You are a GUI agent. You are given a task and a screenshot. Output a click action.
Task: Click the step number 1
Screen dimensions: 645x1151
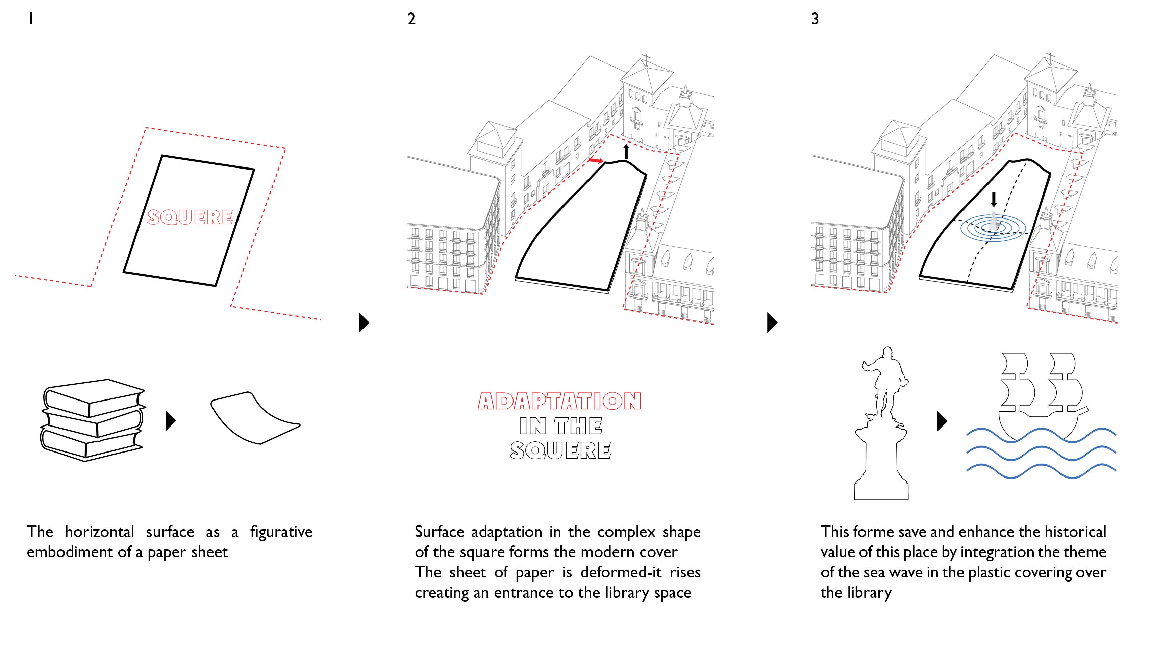coord(30,19)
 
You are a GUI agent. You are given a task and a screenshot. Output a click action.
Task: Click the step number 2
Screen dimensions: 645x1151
coord(411,19)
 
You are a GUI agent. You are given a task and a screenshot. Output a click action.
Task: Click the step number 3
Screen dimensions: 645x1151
coord(815,19)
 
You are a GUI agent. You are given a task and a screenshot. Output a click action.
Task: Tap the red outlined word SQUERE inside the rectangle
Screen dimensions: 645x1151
coord(190,217)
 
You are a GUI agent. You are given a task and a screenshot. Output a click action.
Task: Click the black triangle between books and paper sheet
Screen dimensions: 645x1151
coord(170,420)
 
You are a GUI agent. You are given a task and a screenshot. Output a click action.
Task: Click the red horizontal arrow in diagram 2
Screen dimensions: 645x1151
coord(595,160)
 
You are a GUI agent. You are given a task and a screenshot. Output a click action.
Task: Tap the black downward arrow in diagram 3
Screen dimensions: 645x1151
coord(994,199)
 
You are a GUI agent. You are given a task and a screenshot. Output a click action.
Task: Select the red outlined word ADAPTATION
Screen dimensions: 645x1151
coord(559,401)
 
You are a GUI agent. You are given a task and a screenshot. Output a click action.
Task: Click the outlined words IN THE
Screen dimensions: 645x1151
coord(560,426)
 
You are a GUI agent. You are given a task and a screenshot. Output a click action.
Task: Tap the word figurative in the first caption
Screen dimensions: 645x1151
coord(281,532)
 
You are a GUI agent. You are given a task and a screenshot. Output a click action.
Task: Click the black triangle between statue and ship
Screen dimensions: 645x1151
coord(942,420)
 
